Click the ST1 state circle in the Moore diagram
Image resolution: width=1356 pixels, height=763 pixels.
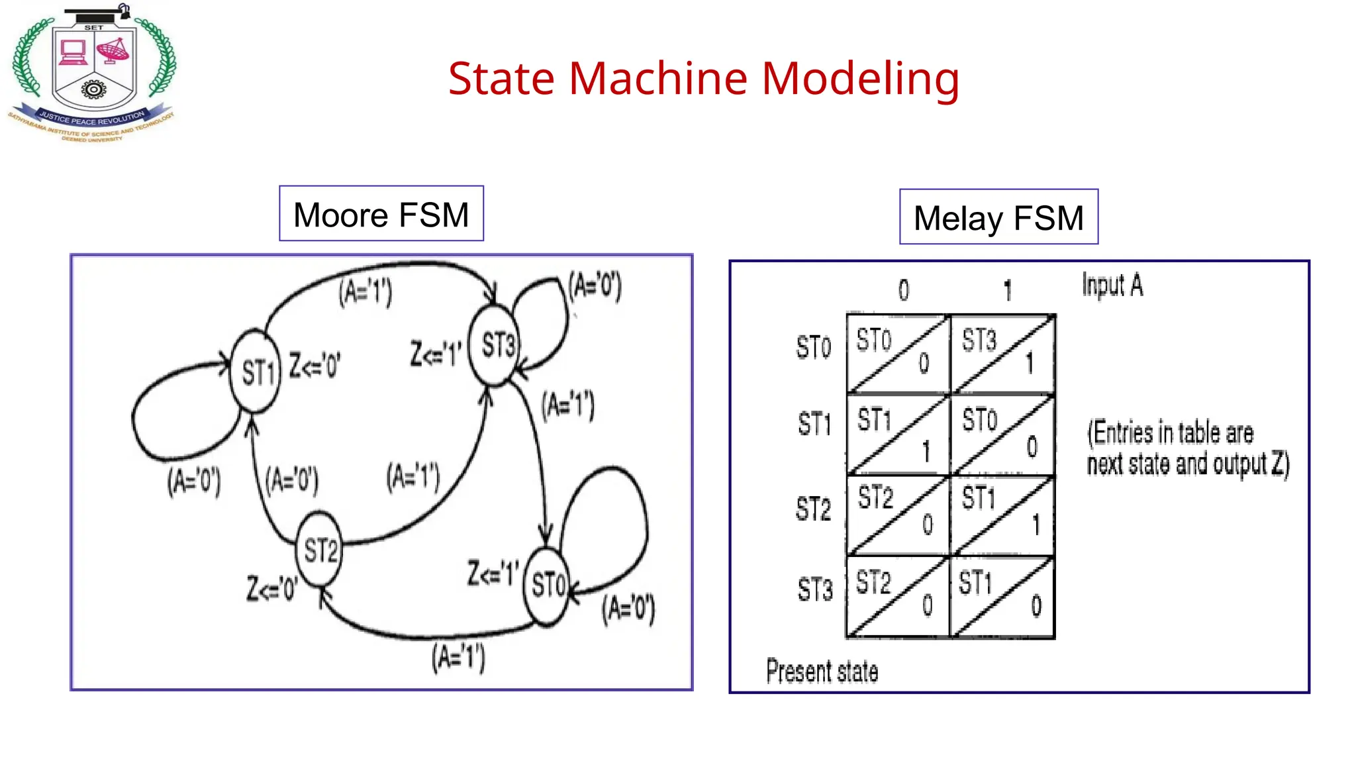pos(256,372)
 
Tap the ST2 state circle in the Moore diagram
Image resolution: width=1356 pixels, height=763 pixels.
pos(320,549)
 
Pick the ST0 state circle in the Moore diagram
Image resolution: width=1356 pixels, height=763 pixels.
pos(547,585)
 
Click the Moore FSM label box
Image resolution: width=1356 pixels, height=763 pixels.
pos(381,214)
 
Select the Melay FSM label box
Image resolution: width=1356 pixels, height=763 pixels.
pos(998,217)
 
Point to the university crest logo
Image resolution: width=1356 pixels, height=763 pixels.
pos(93,74)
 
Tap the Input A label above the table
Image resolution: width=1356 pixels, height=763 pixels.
pos(1112,285)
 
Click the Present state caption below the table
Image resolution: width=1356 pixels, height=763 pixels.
pos(822,671)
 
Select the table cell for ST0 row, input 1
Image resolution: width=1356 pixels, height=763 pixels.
pos(1002,354)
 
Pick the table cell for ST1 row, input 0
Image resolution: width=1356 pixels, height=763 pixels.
pos(898,434)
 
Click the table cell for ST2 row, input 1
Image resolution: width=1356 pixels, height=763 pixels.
pos(1002,515)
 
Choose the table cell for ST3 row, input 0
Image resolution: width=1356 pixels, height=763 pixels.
pos(898,597)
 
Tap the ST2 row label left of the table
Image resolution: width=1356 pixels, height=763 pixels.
pos(813,509)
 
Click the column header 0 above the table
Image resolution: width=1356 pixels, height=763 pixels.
pos(904,290)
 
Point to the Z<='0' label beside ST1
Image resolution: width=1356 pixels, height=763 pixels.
pos(315,366)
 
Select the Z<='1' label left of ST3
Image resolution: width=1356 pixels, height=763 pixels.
pos(435,354)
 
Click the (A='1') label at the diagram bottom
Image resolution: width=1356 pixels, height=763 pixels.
pos(458,658)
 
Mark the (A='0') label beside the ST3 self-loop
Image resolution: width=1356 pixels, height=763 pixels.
pos(595,286)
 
